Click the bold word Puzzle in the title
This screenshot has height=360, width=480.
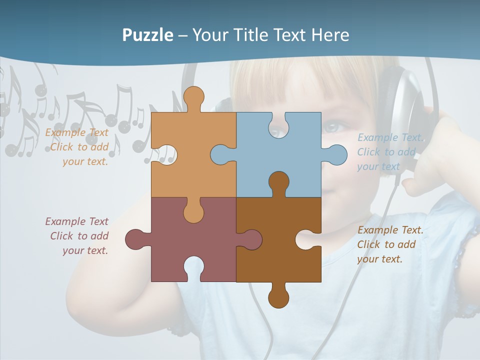(x=147, y=35)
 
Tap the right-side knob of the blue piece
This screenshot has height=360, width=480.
(x=335, y=154)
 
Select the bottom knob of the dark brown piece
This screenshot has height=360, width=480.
(x=278, y=297)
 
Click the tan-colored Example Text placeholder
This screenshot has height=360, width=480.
(x=77, y=147)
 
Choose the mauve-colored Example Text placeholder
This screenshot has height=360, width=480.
(x=77, y=236)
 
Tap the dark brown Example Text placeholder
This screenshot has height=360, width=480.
(x=390, y=244)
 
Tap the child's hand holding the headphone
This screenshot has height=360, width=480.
(x=430, y=165)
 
